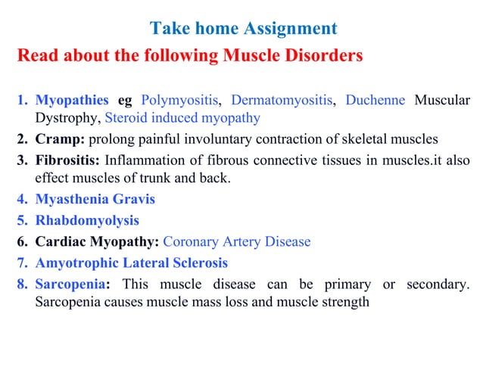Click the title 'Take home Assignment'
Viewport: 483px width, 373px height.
coord(243,30)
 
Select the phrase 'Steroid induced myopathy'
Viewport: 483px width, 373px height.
coord(182,118)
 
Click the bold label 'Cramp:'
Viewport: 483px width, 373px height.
coord(60,140)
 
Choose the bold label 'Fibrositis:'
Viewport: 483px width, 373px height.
coord(67,160)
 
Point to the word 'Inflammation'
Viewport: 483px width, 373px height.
coord(141,160)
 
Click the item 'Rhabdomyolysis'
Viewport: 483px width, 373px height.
coord(87,221)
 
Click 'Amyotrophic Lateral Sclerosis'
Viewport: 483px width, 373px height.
coord(131,263)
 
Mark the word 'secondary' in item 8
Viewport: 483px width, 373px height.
coord(436,284)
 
